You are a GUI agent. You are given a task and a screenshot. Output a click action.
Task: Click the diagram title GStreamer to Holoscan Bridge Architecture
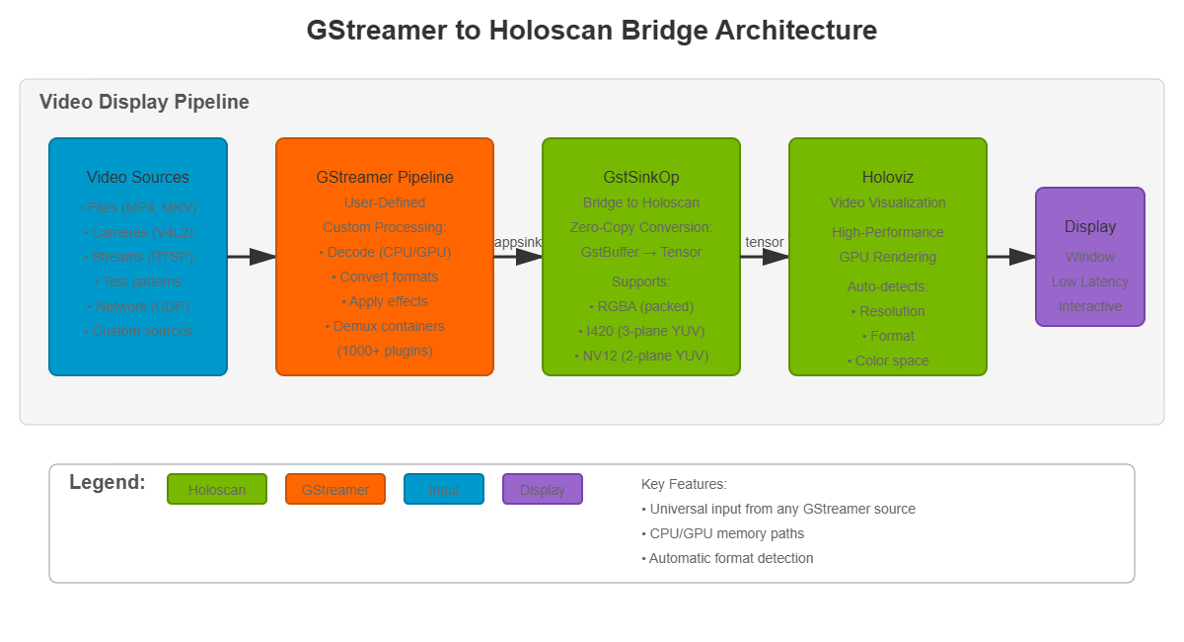[591, 31]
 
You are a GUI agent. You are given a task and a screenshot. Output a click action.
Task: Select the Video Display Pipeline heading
[144, 103]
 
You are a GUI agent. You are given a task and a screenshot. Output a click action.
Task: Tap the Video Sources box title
[138, 178]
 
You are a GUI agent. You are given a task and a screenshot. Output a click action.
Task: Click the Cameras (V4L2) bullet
[138, 232]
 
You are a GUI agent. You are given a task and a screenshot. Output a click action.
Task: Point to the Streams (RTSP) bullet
[138, 257]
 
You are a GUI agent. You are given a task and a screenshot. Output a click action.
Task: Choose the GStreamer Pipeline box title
[385, 178]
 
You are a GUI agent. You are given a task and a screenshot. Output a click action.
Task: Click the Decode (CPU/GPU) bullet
[385, 252]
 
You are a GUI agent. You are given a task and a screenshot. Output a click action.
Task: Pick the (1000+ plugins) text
[385, 351]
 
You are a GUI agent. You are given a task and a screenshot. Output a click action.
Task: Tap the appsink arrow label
[518, 242]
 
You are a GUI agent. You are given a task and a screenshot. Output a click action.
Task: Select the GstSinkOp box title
[641, 178]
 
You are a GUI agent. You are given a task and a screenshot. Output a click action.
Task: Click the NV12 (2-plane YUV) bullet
[641, 356]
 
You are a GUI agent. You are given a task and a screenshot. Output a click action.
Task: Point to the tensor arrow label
[765, 242]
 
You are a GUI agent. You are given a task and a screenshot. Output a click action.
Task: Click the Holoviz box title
[888, 178]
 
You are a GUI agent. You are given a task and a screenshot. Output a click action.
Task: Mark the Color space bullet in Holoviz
[888, 361]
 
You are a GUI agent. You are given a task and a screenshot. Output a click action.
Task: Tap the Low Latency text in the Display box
[1090, 281]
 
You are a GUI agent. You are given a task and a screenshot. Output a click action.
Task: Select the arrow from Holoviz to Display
[1011, 257]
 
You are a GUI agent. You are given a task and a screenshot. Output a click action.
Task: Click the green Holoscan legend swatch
[217, 490]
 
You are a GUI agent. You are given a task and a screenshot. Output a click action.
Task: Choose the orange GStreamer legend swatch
[335, 490]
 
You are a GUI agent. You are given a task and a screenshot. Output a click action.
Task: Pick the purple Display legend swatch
[543, 490]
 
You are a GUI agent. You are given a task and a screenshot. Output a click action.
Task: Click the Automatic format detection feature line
[727, 558]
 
